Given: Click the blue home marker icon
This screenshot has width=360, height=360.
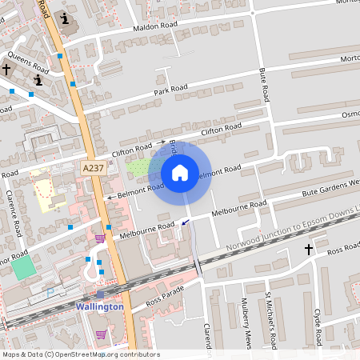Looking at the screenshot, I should coord(180,172).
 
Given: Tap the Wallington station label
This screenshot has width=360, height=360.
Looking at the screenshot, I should coord(99,306).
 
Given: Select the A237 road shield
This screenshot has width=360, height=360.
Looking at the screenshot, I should coord(93,168).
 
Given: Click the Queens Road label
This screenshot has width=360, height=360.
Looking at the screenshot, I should coord(28,64).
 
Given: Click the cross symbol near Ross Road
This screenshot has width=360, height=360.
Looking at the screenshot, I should coord(309,250).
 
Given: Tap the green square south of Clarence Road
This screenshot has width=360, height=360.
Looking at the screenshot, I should coord(24,267).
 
